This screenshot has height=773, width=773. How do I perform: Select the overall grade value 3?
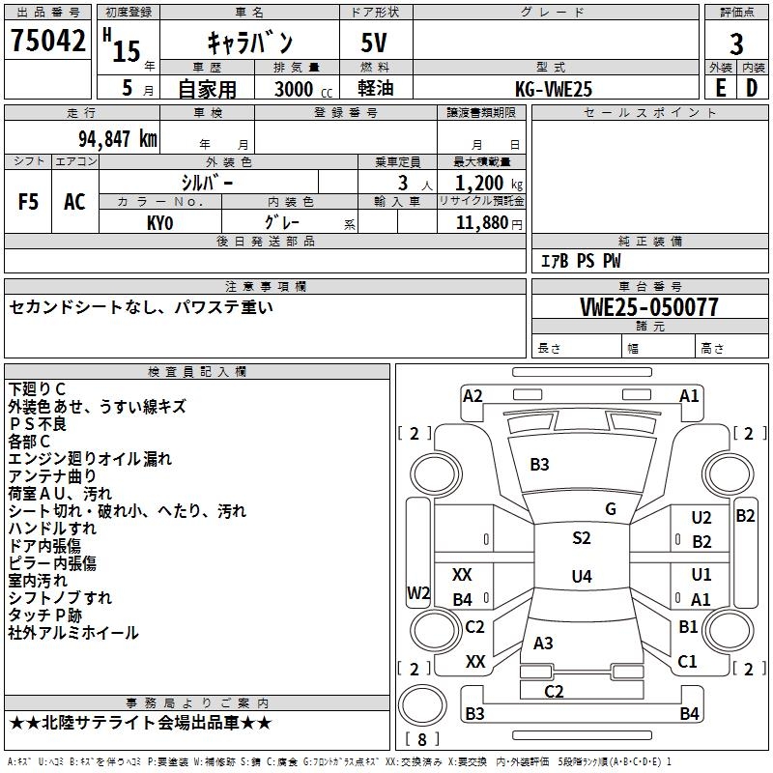pos(736,43)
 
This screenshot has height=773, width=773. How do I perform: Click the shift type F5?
pos(29,202)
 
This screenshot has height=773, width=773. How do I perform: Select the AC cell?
pos(74,202)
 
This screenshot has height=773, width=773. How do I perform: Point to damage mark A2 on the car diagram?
pos(472,396)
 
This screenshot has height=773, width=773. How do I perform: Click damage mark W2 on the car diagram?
pos(417,593)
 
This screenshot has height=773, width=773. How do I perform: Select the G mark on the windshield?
pos(611,509)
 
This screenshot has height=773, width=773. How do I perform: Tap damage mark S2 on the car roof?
pos(581,538)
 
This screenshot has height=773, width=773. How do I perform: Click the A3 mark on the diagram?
pos(544,643)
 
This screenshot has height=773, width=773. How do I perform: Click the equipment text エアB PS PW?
pos(581,261)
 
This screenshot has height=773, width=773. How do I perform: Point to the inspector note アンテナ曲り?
pos(52,475)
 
